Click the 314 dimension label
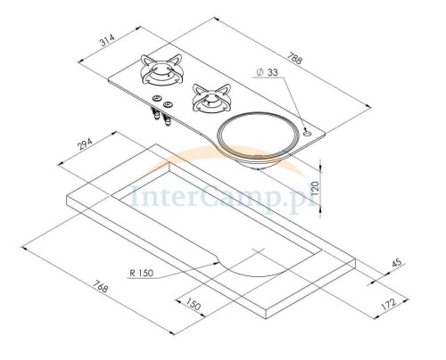(x=107, y=41)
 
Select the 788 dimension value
(x=294, y=58)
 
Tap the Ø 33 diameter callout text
(x=267, y=72)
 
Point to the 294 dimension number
(x=86, y=143)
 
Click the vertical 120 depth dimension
(x=315, y=188)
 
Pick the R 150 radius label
(x=142, y=273)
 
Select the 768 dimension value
(x=100, y=287)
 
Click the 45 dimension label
(x=397, y=263)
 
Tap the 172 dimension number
(x=389, y=305)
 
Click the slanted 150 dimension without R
(x=194, y=304)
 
